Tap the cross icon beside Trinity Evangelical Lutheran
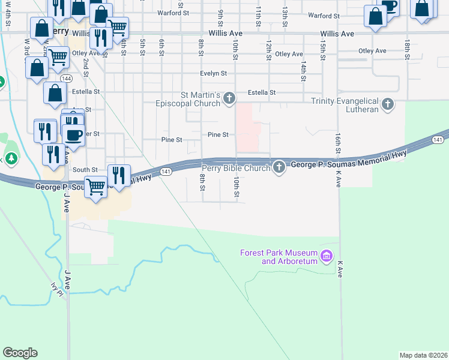[388, 105]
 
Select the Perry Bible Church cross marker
[279, 167]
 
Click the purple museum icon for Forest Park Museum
[327, 257]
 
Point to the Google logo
[20, 353]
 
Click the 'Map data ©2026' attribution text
[423, 355]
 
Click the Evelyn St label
[214, 74]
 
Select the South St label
[85, 170]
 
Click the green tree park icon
[11, 158]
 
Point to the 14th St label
[304, 71]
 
